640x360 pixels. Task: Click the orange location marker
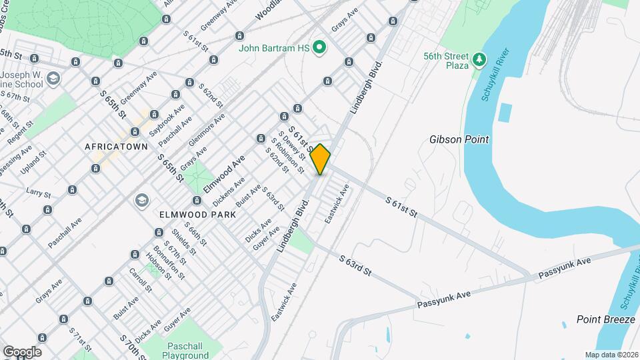point(321,159)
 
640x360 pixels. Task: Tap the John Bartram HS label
point(276,47)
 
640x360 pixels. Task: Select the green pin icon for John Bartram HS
point(319,47)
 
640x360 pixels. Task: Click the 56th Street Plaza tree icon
point(478,61)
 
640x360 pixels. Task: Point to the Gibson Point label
point(459,139)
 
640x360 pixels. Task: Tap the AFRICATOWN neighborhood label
point(116,146)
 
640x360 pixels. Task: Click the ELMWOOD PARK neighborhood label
point(198,215)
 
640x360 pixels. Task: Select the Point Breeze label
point(605,320)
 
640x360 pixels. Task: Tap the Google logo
point(21,352)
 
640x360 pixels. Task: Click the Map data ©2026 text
point(611,355)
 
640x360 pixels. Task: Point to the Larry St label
point(39,193)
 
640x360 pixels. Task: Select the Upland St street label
point(36,163)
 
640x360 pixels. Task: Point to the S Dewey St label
point(291,145)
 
